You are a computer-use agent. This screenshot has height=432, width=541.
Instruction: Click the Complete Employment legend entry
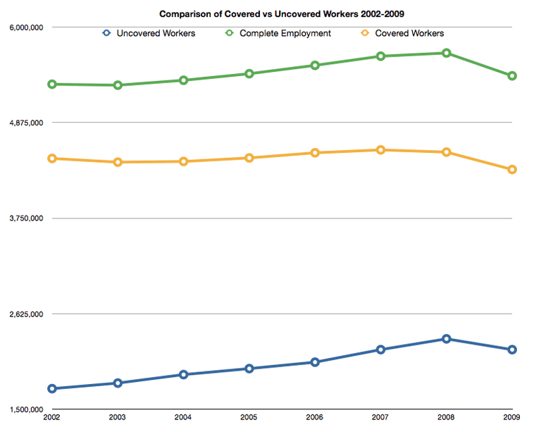278,33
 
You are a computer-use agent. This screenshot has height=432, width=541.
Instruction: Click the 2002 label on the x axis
51,418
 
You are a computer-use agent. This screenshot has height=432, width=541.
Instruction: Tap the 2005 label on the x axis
249,418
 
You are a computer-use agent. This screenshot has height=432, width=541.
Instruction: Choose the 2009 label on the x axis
512,418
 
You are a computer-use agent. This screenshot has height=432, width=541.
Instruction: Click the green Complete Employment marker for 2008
447,53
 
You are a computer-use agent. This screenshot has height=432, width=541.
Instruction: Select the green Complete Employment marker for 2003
118,85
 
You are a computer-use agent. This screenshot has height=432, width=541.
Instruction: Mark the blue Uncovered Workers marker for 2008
447,339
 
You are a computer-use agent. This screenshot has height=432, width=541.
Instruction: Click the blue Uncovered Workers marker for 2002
51,388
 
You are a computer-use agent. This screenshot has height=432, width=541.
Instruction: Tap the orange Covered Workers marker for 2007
381,150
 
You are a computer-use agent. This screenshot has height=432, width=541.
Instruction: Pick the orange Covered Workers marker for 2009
512,169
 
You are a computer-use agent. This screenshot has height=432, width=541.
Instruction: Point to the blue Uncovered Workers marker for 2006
315,362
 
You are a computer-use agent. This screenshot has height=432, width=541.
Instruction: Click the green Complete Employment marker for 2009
512,75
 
